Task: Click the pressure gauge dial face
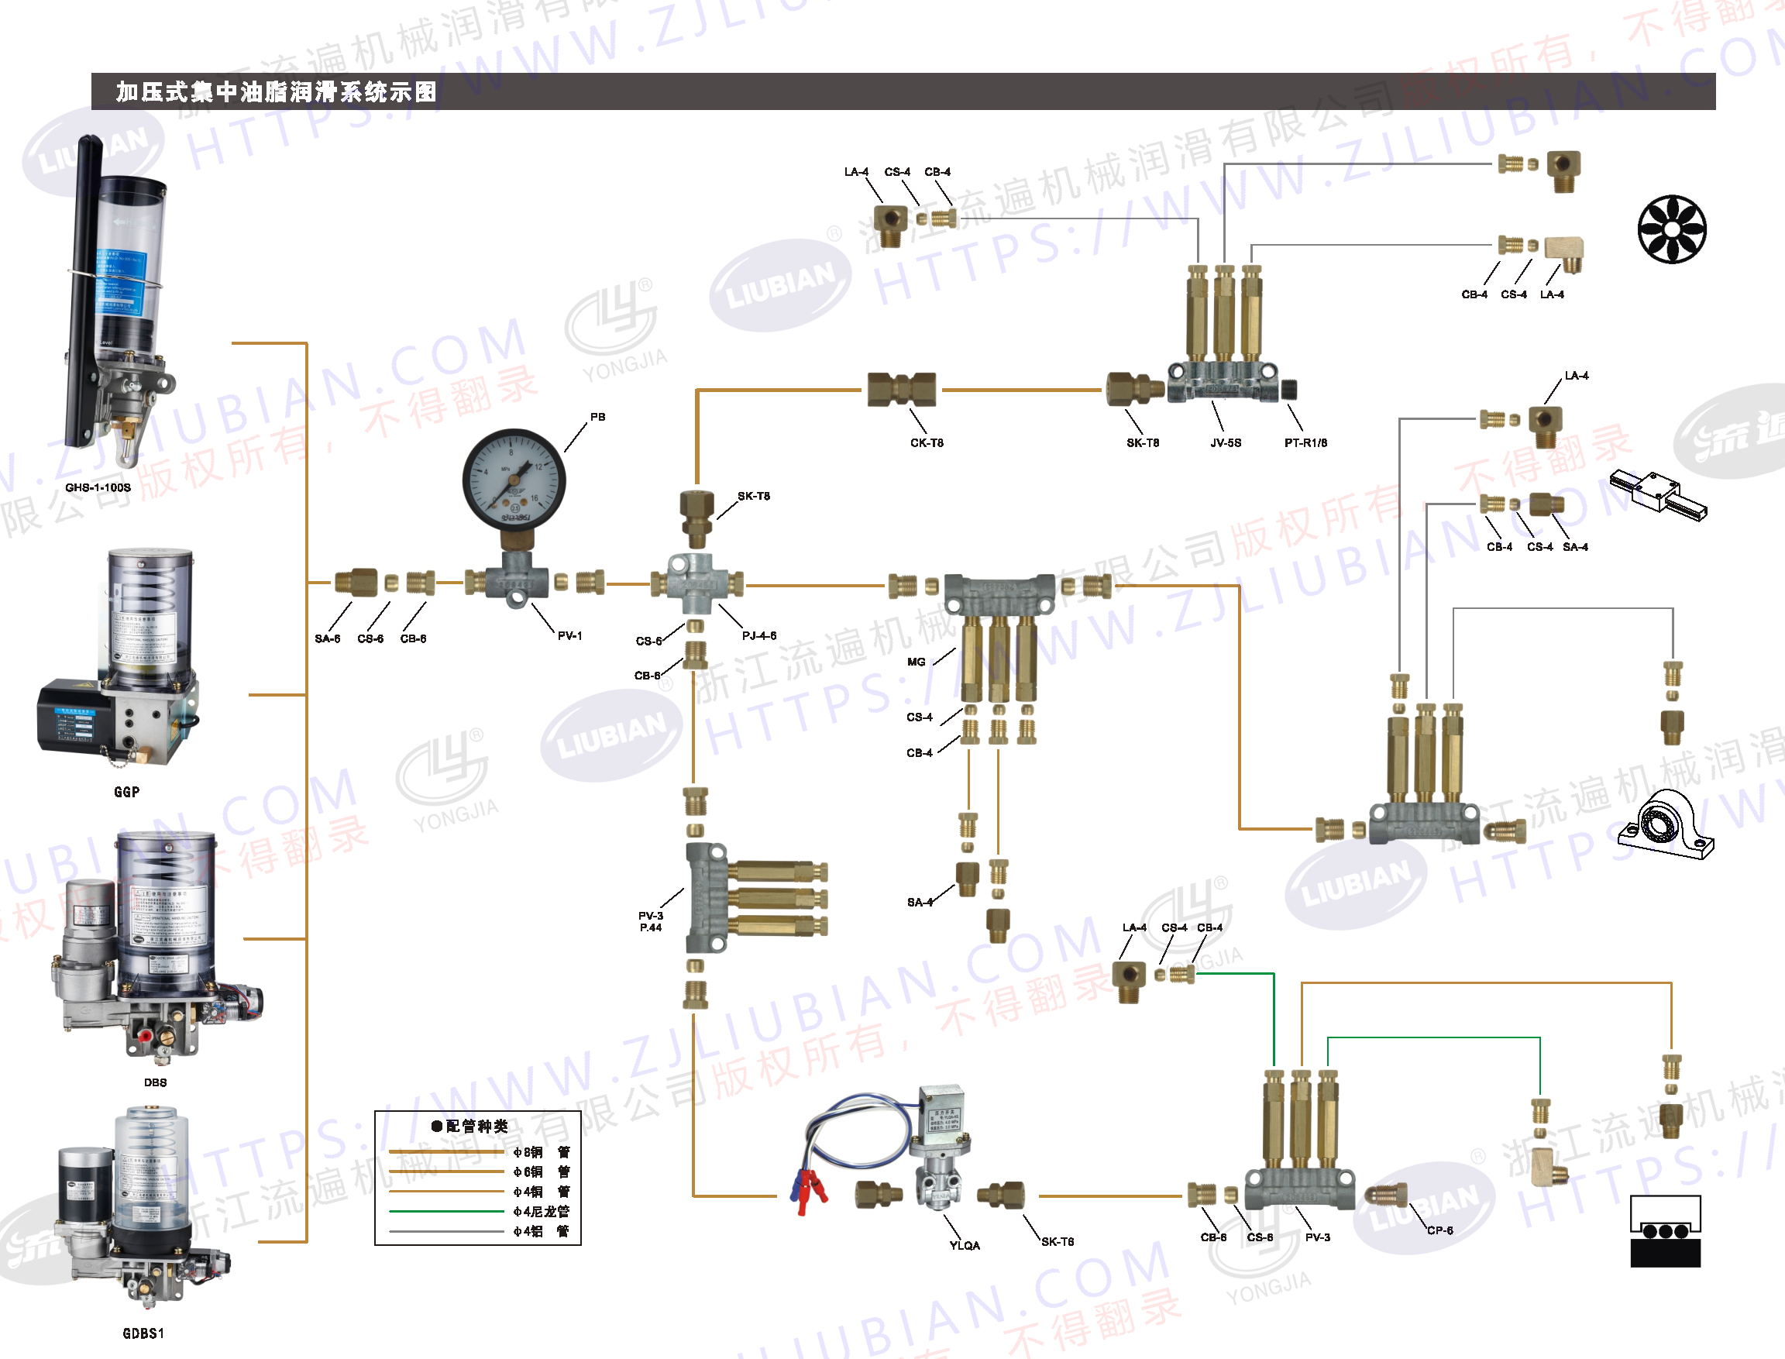coord(514,480)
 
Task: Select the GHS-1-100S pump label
coord(98,488)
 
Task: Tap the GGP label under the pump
coord(127,792)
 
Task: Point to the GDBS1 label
coord(143,1333)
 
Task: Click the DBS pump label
coord(155,1082)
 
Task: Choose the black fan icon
coord(1672,229)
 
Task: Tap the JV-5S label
coord(1226,443)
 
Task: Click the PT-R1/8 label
coord(1305,443)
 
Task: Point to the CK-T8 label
coord(927,443)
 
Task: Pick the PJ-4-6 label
coord(758,636)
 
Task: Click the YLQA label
coord(964,1246)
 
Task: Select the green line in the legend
coord(446,1211)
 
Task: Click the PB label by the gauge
coord(597,417)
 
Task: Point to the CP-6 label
coord(1439,1230)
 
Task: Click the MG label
coord(916,662)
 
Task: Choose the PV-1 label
coord(569,636)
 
